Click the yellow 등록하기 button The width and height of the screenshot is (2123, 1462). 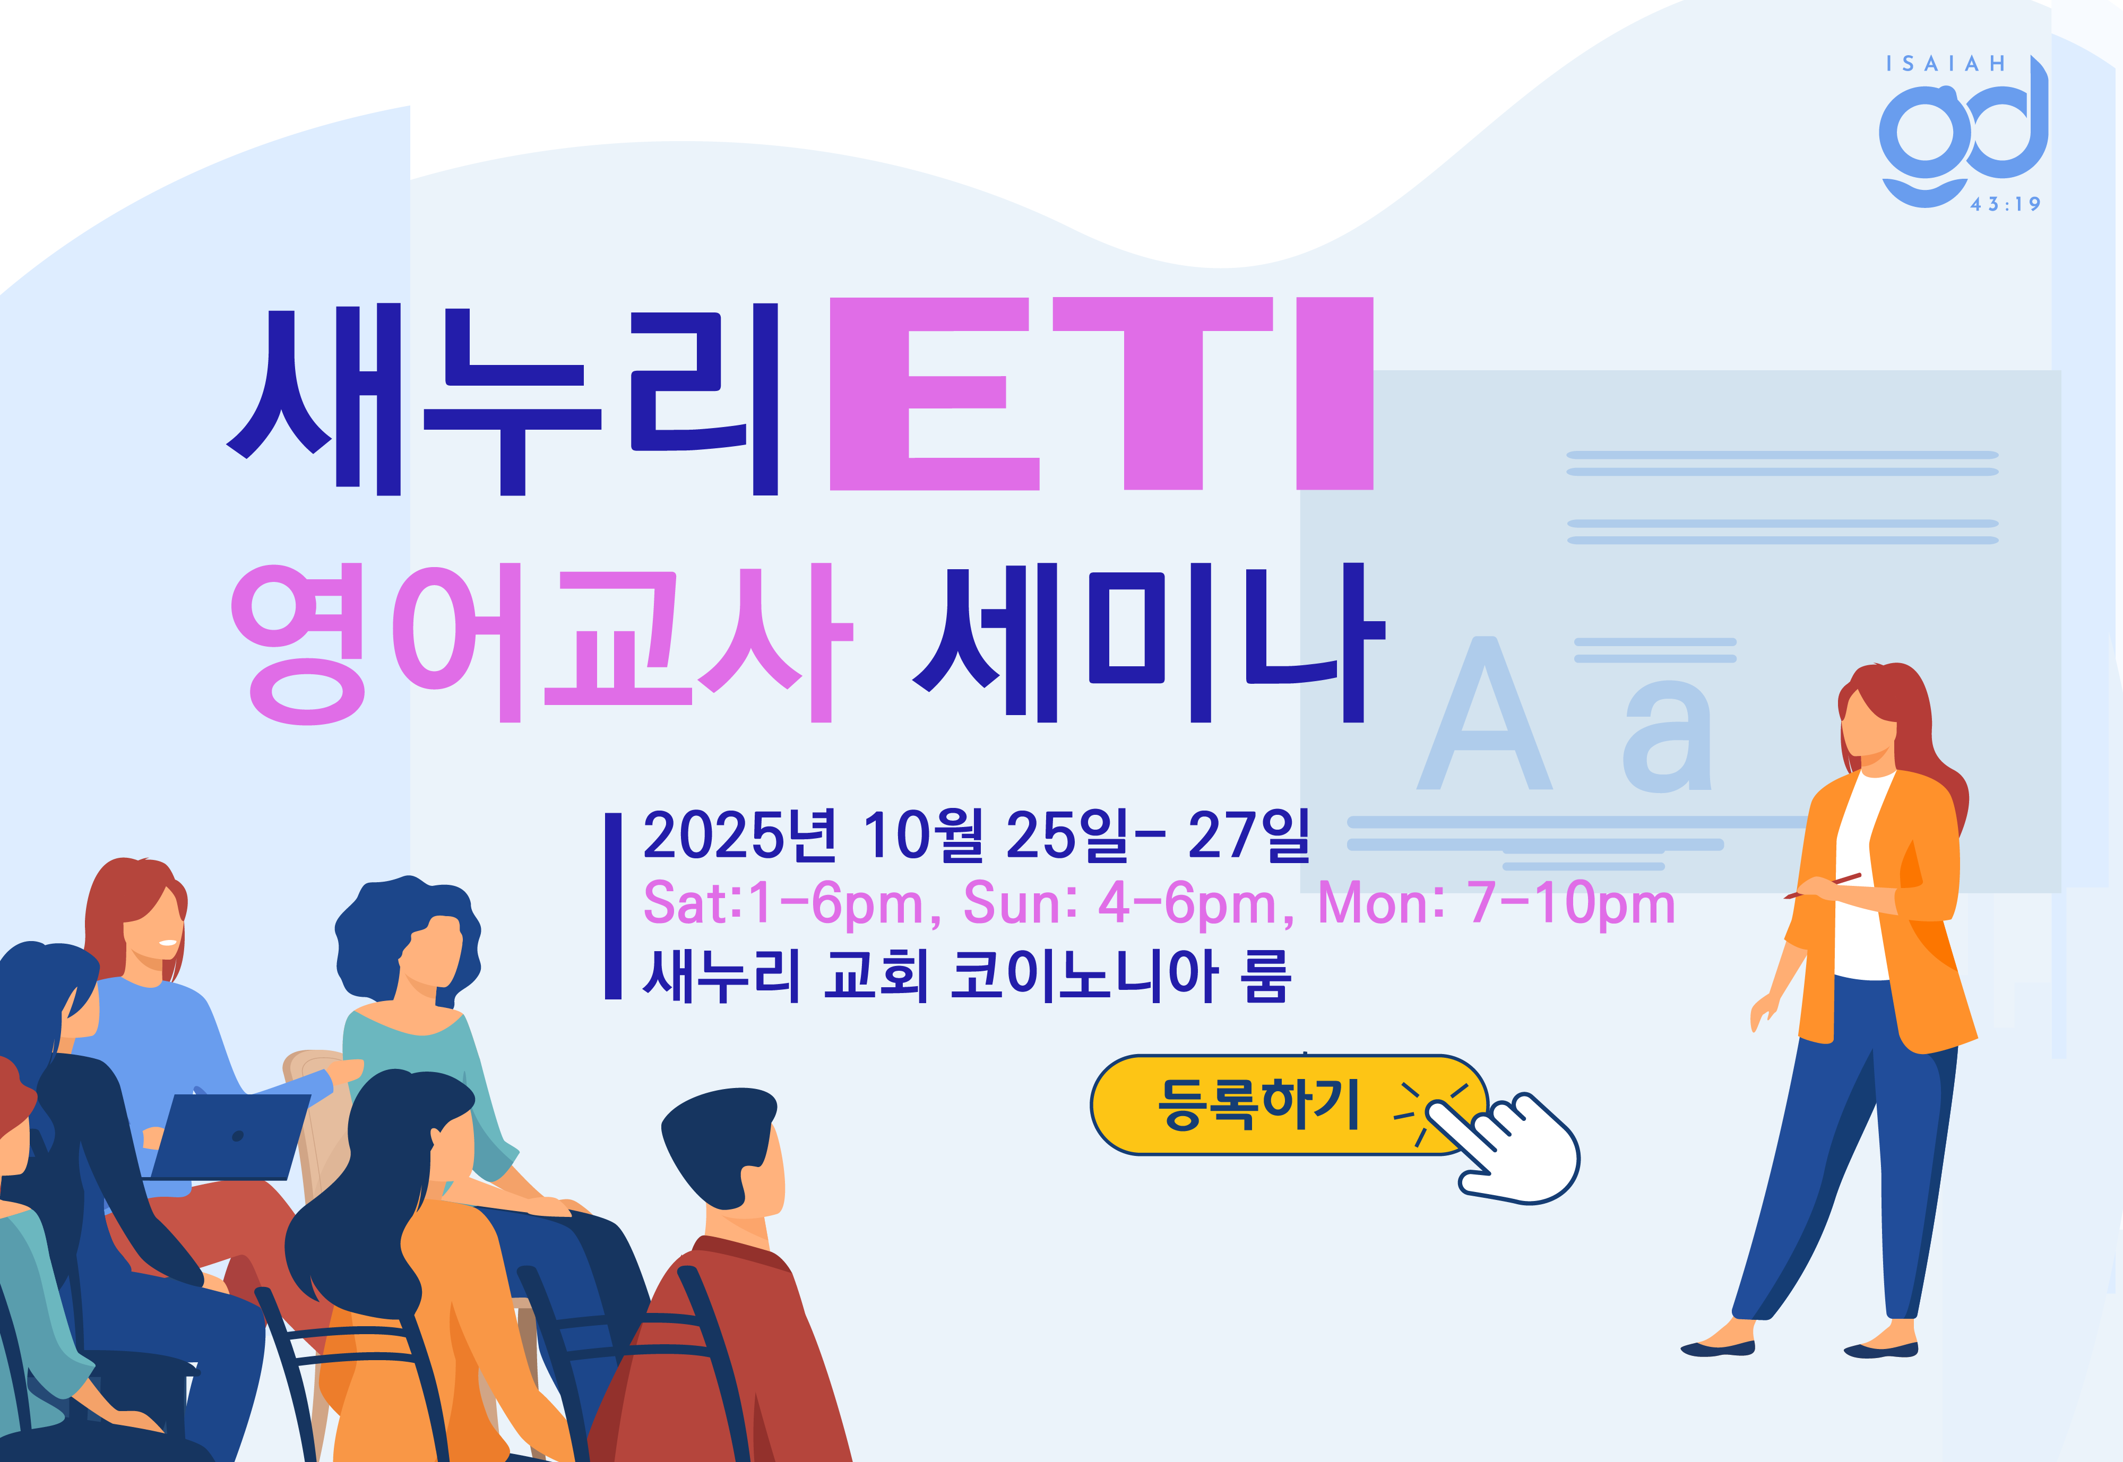coord(1283,1105)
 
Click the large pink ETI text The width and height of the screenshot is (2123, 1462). coord(1101,394)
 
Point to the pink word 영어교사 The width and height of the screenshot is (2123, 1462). coord(541,643)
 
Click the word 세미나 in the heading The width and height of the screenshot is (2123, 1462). coord(1148,643)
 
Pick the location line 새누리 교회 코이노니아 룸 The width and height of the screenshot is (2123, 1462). coord(966,974)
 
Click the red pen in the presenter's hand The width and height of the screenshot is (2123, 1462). coord(1823,886)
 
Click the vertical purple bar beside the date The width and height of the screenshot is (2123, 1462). coord(613,905)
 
